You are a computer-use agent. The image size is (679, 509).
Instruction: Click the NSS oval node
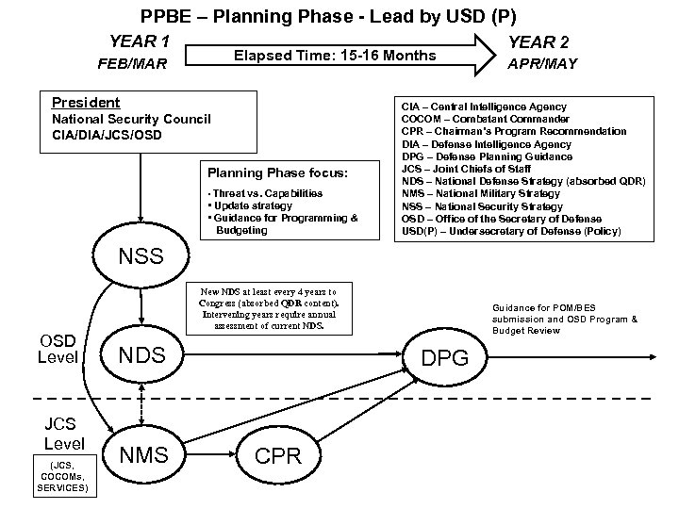[x=141, y=254]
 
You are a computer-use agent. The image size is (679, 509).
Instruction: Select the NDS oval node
[x=141, y=354]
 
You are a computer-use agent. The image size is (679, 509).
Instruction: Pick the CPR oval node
[x=278, y=456]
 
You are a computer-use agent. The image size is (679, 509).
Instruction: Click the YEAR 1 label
[x=140, y=41]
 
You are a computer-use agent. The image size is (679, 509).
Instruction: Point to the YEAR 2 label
[x=538, y=41]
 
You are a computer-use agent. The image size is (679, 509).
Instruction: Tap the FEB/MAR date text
[x=132, y=66]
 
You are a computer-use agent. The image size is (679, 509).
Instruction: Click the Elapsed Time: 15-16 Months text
[x=335, y=56]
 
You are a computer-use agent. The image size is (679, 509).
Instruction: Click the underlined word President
[x=86, y=102]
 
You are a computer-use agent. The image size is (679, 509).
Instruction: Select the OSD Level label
[x=58, y=348]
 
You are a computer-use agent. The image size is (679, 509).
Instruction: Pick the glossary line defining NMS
[x=481, y=193]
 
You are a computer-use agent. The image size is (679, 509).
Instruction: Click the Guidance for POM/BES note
[x=563, y=319]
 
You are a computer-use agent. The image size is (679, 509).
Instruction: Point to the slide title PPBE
[x=328, y=15]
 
